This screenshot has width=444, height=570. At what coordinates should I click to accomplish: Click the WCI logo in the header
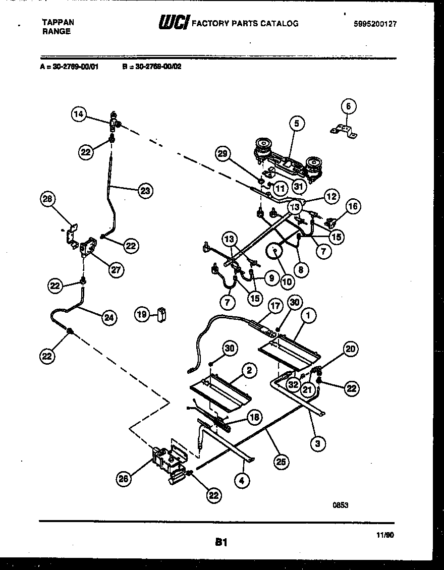click(x=174, y=22)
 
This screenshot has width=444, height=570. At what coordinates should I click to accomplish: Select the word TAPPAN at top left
click(x=57, y=22)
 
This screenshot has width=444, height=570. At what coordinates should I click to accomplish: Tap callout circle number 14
click(x=78, y=115)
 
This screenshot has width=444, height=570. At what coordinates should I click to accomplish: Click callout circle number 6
click(x=348, y=106)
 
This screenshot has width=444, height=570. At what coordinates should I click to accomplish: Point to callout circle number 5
click(x=297, y=123)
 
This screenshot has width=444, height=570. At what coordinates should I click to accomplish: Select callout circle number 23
click(x=145, y=191)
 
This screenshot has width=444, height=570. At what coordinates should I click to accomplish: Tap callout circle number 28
click(x=48, y=199)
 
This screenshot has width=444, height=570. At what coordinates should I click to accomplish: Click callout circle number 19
click(x=142, y=314)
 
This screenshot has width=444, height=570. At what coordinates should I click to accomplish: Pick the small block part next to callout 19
click(x=162, y=315)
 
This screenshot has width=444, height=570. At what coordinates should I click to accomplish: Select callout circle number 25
click(x=282, y=461)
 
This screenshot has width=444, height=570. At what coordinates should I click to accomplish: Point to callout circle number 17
click(x=275, y=306)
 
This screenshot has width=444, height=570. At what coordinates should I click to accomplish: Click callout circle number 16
click(x=353, y=205)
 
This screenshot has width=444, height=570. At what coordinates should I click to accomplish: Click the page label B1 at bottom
click(x=220, y=542)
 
